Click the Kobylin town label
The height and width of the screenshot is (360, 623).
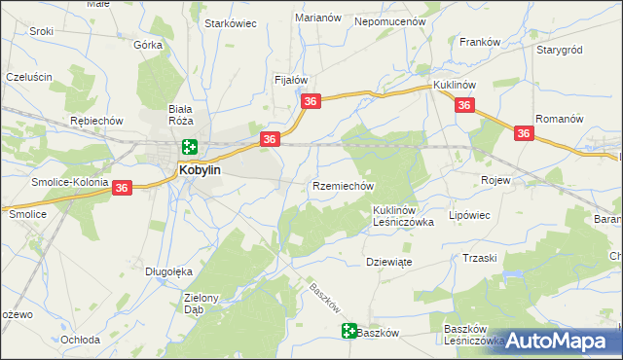201,169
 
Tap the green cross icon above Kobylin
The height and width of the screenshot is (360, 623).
189,148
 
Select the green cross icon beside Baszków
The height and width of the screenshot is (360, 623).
349,332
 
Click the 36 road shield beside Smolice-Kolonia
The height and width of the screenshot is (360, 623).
122,188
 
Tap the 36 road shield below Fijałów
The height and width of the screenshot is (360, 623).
311,101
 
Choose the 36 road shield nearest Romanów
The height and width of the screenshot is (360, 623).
524,134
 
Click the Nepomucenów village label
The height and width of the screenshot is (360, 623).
391,19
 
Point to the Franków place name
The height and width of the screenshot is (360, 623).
479,43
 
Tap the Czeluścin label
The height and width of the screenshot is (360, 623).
28,76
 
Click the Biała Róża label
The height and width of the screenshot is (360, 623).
181,115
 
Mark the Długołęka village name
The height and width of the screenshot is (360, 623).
165,271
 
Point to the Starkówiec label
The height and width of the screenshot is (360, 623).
230,23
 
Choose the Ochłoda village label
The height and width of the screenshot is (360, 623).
81,340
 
